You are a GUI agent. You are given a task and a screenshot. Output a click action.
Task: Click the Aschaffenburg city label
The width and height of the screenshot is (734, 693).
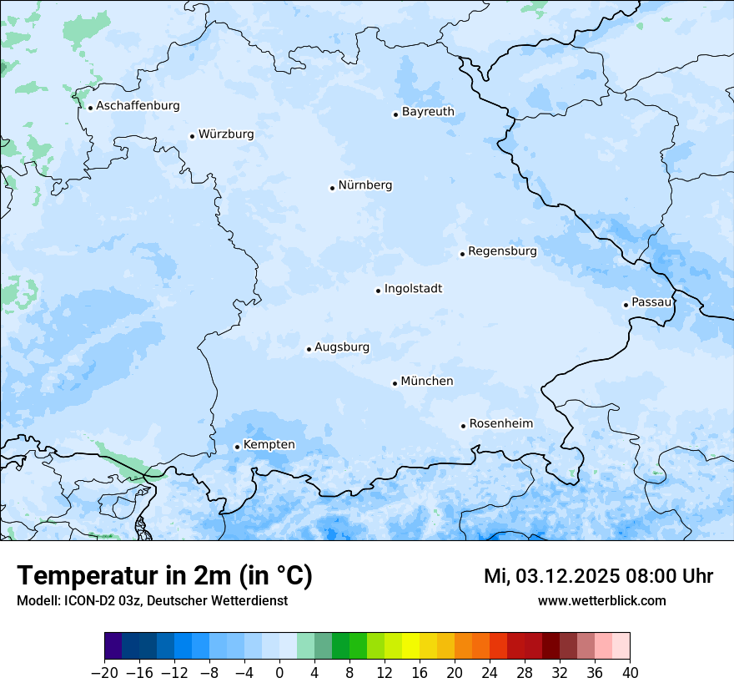(x=138, y=106)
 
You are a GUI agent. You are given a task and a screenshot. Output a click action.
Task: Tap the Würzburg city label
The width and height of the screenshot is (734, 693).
(x=226, y=134)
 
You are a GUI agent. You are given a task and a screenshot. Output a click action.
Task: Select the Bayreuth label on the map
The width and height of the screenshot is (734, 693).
(x=428, y=112)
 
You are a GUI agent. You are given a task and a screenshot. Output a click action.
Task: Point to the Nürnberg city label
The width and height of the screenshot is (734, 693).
(x=364, y=185)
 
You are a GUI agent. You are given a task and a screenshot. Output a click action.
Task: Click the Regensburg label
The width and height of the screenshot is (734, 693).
(x=502, y=251)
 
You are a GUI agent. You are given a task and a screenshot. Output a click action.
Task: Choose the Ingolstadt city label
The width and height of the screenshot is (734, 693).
(x=413, y=289)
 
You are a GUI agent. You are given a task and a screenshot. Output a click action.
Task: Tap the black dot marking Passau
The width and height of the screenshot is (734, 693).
(x=626, y=305)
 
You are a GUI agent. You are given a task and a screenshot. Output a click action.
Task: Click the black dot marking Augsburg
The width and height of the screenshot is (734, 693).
(x=309, y=349)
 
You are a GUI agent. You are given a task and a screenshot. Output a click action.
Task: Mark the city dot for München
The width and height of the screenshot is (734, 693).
(x=395, y=383)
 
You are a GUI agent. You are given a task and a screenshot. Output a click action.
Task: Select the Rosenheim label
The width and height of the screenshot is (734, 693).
(x=500, y=424)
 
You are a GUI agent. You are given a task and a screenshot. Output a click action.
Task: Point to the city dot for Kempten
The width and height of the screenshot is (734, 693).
(x=237, y=447)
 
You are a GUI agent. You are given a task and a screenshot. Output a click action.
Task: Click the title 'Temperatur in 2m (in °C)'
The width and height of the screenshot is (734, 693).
(x=164, y=576)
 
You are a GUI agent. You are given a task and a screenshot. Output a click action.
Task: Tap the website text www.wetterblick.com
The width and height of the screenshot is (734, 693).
(x=601, y=601)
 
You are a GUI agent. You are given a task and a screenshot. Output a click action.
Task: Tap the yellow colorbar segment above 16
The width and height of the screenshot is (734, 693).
(x=410, y=646)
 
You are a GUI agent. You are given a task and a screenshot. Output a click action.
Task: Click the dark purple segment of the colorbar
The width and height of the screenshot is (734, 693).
(x=113, y=646)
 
